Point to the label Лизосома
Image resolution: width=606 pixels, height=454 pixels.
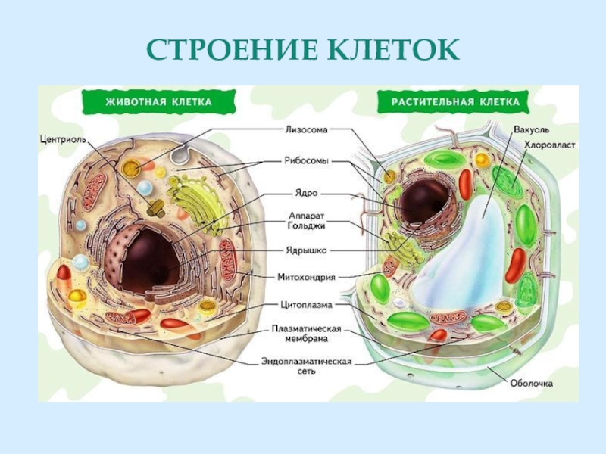307,129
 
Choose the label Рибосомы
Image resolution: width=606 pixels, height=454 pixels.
307,160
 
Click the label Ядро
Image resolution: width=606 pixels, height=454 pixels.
307,193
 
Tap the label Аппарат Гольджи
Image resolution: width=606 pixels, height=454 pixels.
307,219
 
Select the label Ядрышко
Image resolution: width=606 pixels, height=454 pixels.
307,249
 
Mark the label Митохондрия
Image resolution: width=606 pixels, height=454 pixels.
307,277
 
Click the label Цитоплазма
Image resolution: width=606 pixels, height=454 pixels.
307,306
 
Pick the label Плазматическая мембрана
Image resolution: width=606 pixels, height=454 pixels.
307,334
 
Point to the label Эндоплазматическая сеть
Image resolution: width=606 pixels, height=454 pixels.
307,366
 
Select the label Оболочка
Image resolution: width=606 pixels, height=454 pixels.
530,384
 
